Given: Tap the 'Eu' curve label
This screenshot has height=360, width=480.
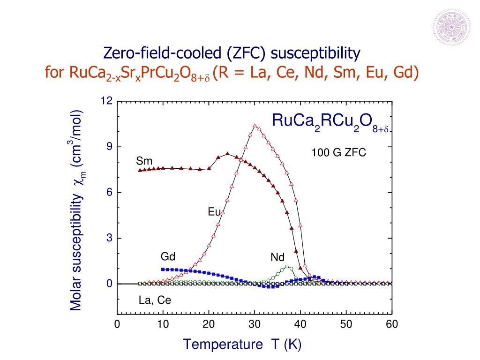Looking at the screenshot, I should coord(214,212).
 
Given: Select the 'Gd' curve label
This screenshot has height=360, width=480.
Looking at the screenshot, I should coord(168,256).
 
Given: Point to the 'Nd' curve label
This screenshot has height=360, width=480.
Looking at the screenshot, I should coord(277,257).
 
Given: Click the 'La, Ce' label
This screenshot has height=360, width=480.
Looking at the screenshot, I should coord(155,300).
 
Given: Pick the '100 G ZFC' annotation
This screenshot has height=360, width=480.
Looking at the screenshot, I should coord(338,153).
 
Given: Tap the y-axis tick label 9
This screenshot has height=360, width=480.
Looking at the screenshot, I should coord(110,147).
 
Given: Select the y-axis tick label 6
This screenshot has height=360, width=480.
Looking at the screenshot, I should coord(110,193).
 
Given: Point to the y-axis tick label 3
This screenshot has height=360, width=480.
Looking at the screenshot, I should coord(110,238).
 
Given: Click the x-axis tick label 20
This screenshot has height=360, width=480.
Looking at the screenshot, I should coord(209,325).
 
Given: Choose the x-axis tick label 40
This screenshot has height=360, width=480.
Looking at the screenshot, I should coord(300,325).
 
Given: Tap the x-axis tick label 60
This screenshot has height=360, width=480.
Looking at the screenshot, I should coord(392,325).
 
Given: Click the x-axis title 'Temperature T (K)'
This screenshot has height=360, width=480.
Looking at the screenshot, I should coord(242,345).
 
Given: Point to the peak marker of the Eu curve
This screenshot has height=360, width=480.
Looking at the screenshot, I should coord(255,126).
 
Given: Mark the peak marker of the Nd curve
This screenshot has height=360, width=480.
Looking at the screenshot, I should coord(287,267).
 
